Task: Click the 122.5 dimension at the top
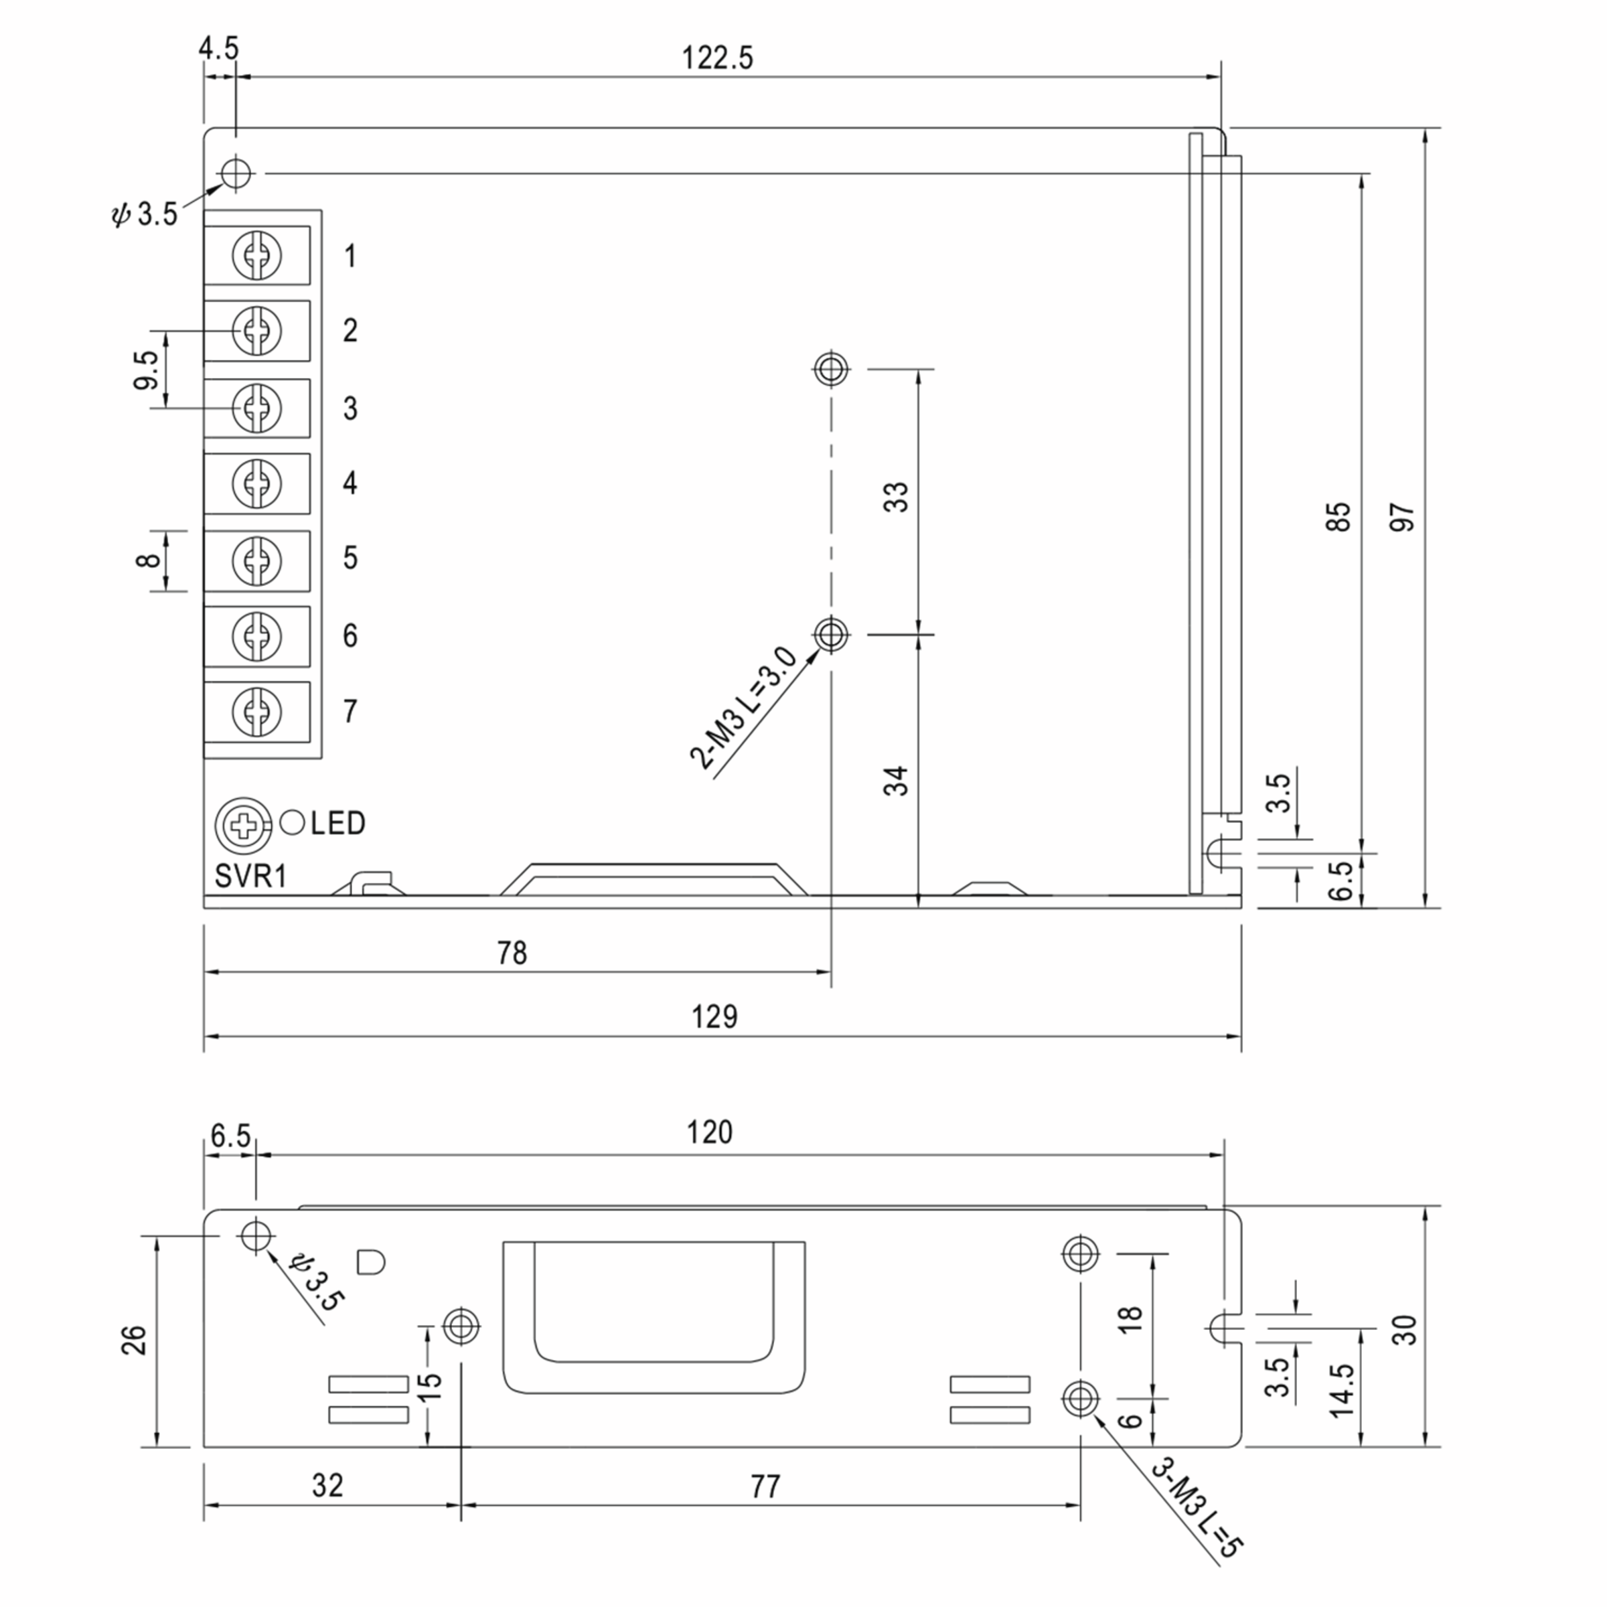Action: coord(717,58)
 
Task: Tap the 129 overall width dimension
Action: coord(714,1016)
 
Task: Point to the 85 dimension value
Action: coord(1338,518)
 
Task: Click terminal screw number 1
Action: coord(257,255)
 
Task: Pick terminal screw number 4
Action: coord(257,482)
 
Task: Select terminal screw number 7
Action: coord(257,711)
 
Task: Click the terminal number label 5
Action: coord(350,557)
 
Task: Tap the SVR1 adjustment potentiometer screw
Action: coord(244,825)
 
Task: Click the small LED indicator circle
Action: coord(292,823)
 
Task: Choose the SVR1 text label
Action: coord(250,875)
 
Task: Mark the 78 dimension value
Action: coord(512,952)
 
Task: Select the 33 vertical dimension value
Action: coord(897,498)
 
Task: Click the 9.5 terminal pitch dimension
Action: coord(145,370)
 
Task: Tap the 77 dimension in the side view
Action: coord(765,1486)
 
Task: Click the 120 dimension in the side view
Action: coord(710,1132)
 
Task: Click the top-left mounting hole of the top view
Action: coord(236,173)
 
